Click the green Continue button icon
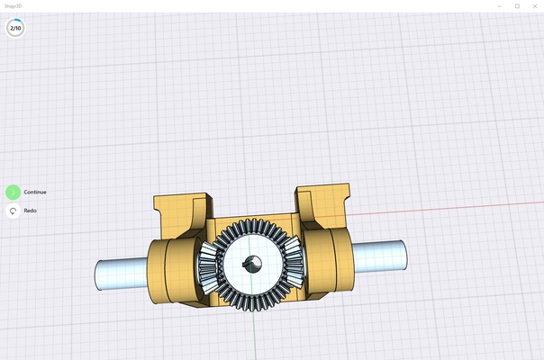pos(13,192)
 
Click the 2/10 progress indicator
pos(15,28)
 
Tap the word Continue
pos(35,192)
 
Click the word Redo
pos(30,211)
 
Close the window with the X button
pos(534,5)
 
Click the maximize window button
pos(517,5)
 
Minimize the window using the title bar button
pos(500,5)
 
